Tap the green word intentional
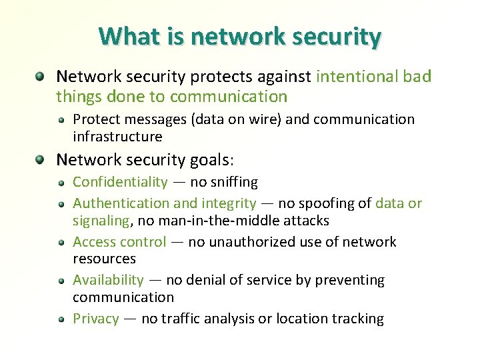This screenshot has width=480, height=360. pos(357,77)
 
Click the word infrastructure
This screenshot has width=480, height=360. pos(117,137)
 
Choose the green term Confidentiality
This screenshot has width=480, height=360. pos(120,182)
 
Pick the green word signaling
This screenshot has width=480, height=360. pos(101,220)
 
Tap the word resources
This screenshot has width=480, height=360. pos(104,259)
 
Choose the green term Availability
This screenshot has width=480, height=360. pos(108,280)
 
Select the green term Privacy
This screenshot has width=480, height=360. pos(95,319)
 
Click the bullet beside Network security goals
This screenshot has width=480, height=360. pos(41,160)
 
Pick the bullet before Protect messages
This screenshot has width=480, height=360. pos(61,120)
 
